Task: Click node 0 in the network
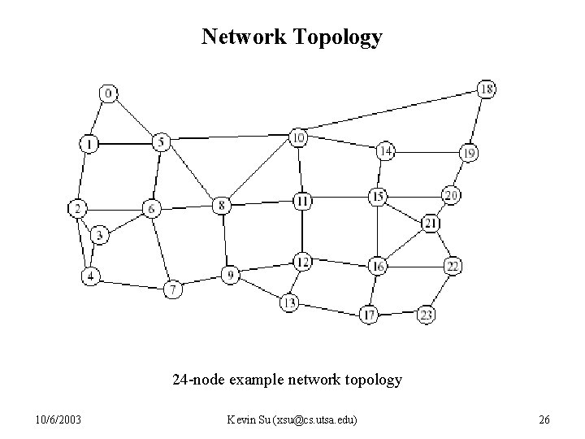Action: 108,94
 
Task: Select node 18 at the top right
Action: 486,89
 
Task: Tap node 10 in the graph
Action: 299,137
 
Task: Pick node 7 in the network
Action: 172,289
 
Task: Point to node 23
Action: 427,315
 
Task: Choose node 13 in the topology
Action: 289,303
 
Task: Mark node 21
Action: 431,224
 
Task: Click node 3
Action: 99,236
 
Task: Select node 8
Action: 222,205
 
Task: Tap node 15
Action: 377,196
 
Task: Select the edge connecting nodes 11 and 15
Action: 340,198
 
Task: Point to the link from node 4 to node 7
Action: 130,282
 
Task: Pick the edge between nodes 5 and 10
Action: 230,140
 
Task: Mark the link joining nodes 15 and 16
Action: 377,231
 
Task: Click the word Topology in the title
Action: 341,37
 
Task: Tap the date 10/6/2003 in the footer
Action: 58,419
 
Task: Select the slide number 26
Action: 544,419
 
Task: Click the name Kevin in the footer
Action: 242,419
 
